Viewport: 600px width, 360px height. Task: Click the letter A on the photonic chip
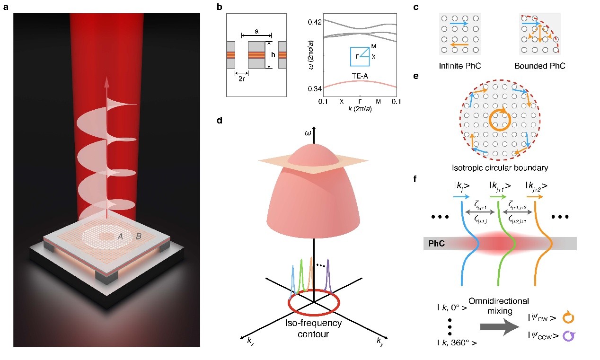click(x=121, y=237)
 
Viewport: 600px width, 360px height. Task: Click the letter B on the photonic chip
click(x=138, y=237)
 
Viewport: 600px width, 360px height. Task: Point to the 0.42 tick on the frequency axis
click(x=315, y=22)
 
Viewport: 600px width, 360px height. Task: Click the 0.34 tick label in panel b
click(x=315, y=88)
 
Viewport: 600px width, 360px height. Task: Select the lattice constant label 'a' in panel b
click(x=256, y=30)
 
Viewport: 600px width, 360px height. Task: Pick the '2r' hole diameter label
click(x=241, y=79)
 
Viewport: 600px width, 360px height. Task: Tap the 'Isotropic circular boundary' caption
click(x=496, y=167)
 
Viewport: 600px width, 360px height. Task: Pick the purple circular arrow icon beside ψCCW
click(x=562, y=336)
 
